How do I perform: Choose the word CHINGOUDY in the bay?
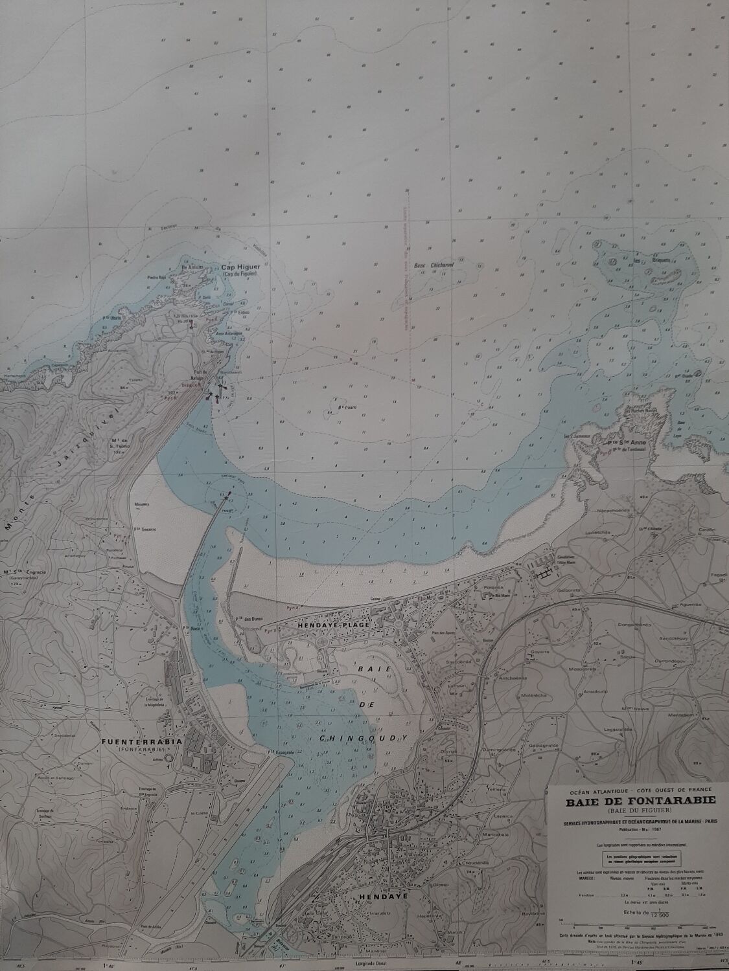pyautogui.click(x=364, y=737)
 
